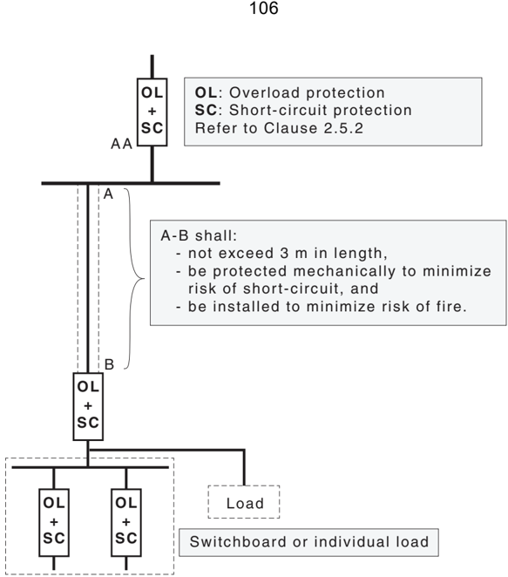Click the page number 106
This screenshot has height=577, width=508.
coord(264,8)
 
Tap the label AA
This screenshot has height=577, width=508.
coord(121,144)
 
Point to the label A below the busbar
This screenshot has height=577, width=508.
coord(108,193)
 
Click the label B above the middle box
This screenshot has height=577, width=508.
coord(109,364)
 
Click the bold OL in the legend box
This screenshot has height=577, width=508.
coord(206,92)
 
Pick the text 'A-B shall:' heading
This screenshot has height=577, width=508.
coord(199,235)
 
